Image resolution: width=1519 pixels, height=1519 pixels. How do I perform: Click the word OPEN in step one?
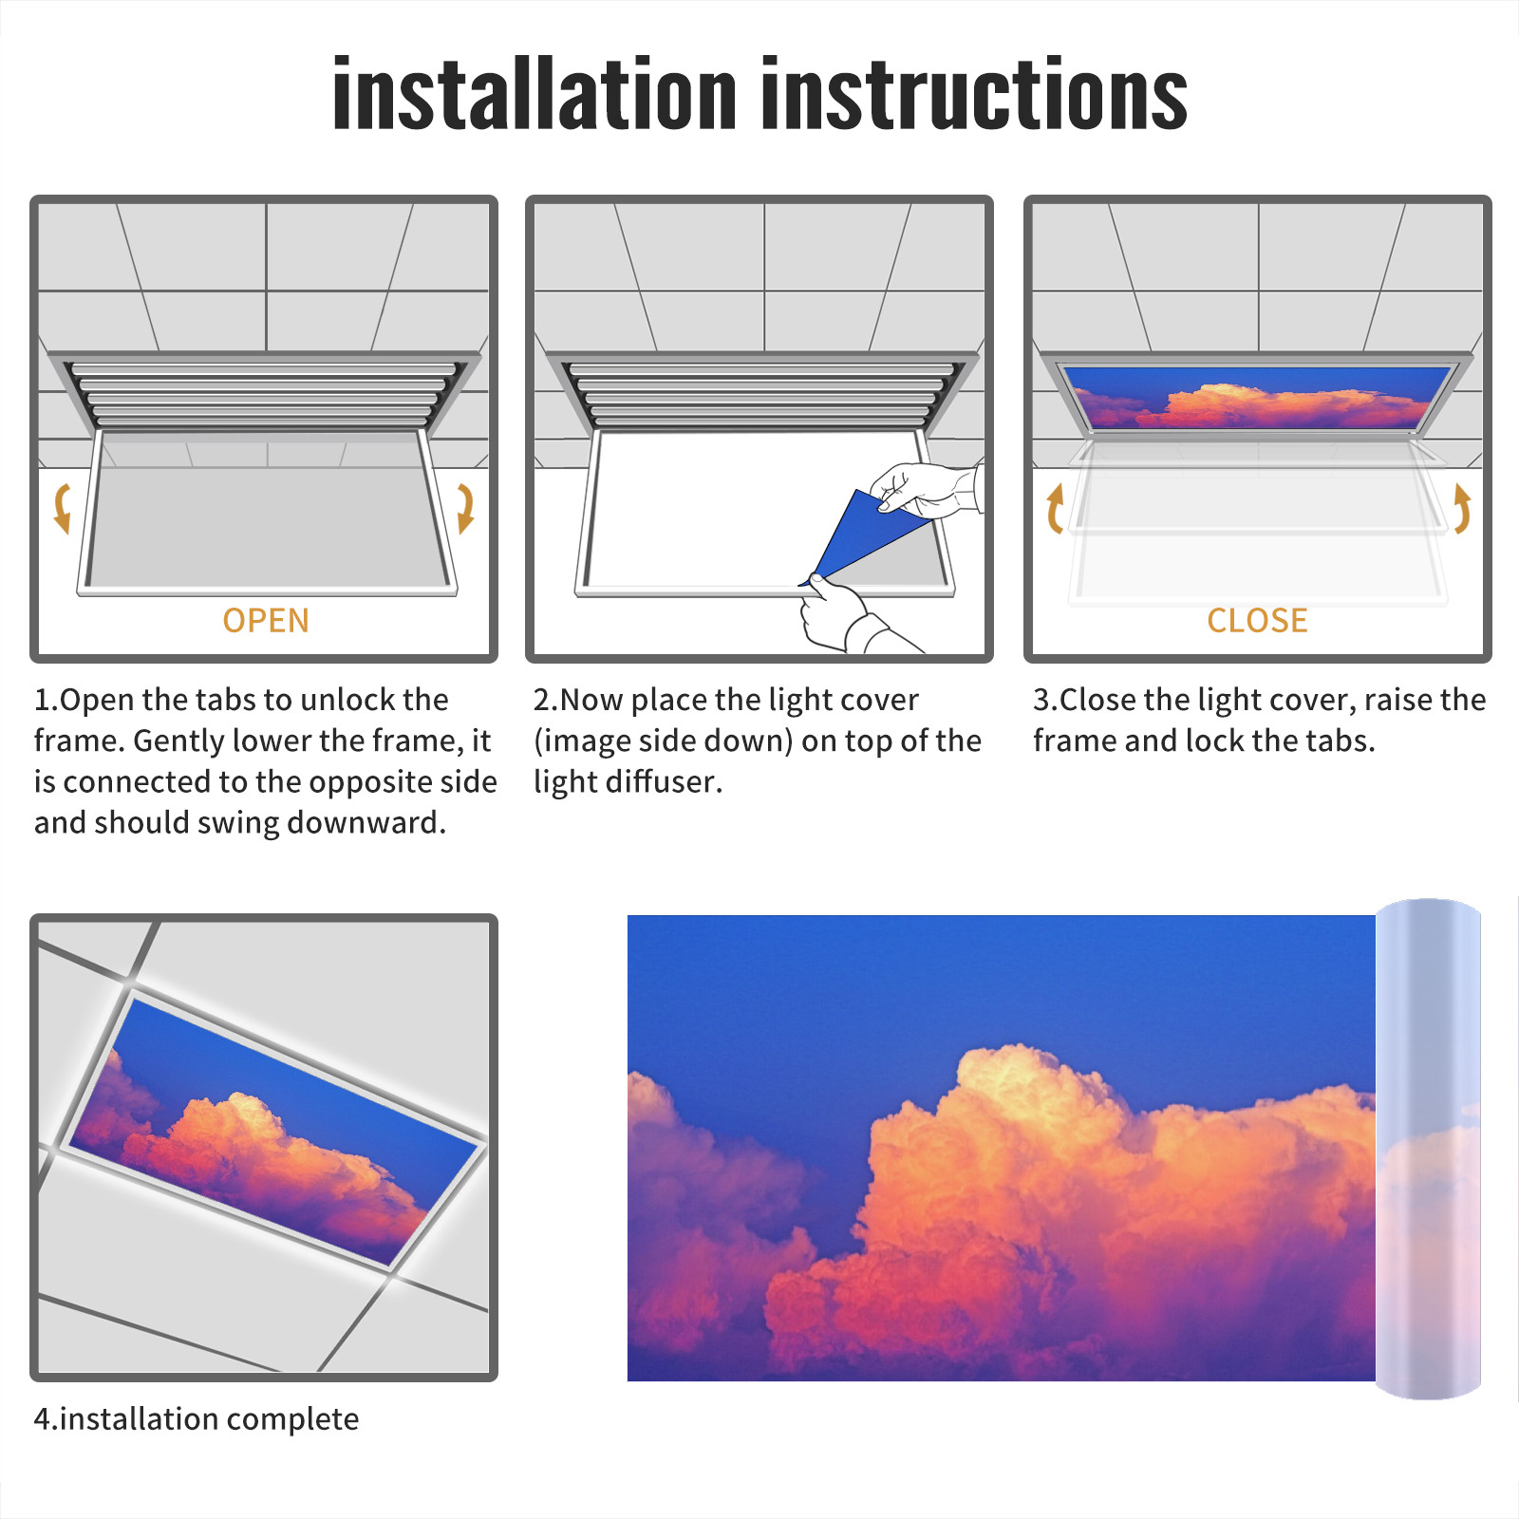point(266,621)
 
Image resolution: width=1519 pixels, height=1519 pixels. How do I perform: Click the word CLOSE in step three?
point(1257,621)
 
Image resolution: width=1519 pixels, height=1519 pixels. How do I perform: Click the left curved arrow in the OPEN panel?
point(63,508)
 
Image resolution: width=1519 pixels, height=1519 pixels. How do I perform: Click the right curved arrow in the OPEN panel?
point(465,508)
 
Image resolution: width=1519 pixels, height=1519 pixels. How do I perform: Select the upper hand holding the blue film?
point(926,489)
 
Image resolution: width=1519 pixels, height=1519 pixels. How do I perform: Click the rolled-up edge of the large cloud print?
point(1428,1149)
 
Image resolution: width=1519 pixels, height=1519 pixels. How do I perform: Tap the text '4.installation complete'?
point(197,1419)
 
